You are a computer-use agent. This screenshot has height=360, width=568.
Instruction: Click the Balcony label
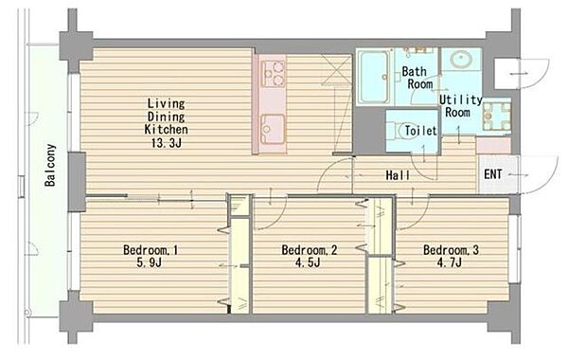tap(50, 165)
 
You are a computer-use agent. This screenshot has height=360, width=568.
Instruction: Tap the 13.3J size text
tap(167, 143)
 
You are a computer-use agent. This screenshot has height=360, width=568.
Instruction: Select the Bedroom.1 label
tap(151, 250)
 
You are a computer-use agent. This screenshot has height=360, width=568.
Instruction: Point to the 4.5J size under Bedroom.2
tap(308, 262)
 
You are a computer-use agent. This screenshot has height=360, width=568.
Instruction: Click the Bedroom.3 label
tap(451, 250)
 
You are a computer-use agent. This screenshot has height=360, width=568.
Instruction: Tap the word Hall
tap(398, 175)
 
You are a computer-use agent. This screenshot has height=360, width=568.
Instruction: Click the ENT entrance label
tap(493, 174)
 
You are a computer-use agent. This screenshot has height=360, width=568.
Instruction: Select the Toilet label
tap(420, 131)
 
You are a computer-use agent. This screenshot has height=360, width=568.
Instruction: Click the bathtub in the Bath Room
tap(375, 77)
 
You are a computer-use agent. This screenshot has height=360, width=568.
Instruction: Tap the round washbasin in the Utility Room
tap(461, 59)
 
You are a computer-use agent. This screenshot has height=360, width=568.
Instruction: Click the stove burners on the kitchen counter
tap(274, 74)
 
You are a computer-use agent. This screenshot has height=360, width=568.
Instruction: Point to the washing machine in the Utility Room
tap(496, 116)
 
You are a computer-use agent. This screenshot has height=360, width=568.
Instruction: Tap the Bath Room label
tap(417, 78)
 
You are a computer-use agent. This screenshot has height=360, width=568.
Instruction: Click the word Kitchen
tap(167, 130)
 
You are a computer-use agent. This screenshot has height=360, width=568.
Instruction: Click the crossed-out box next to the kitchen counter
tap(336, 69)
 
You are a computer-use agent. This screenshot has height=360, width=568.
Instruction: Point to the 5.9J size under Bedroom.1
tap(149, 262)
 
